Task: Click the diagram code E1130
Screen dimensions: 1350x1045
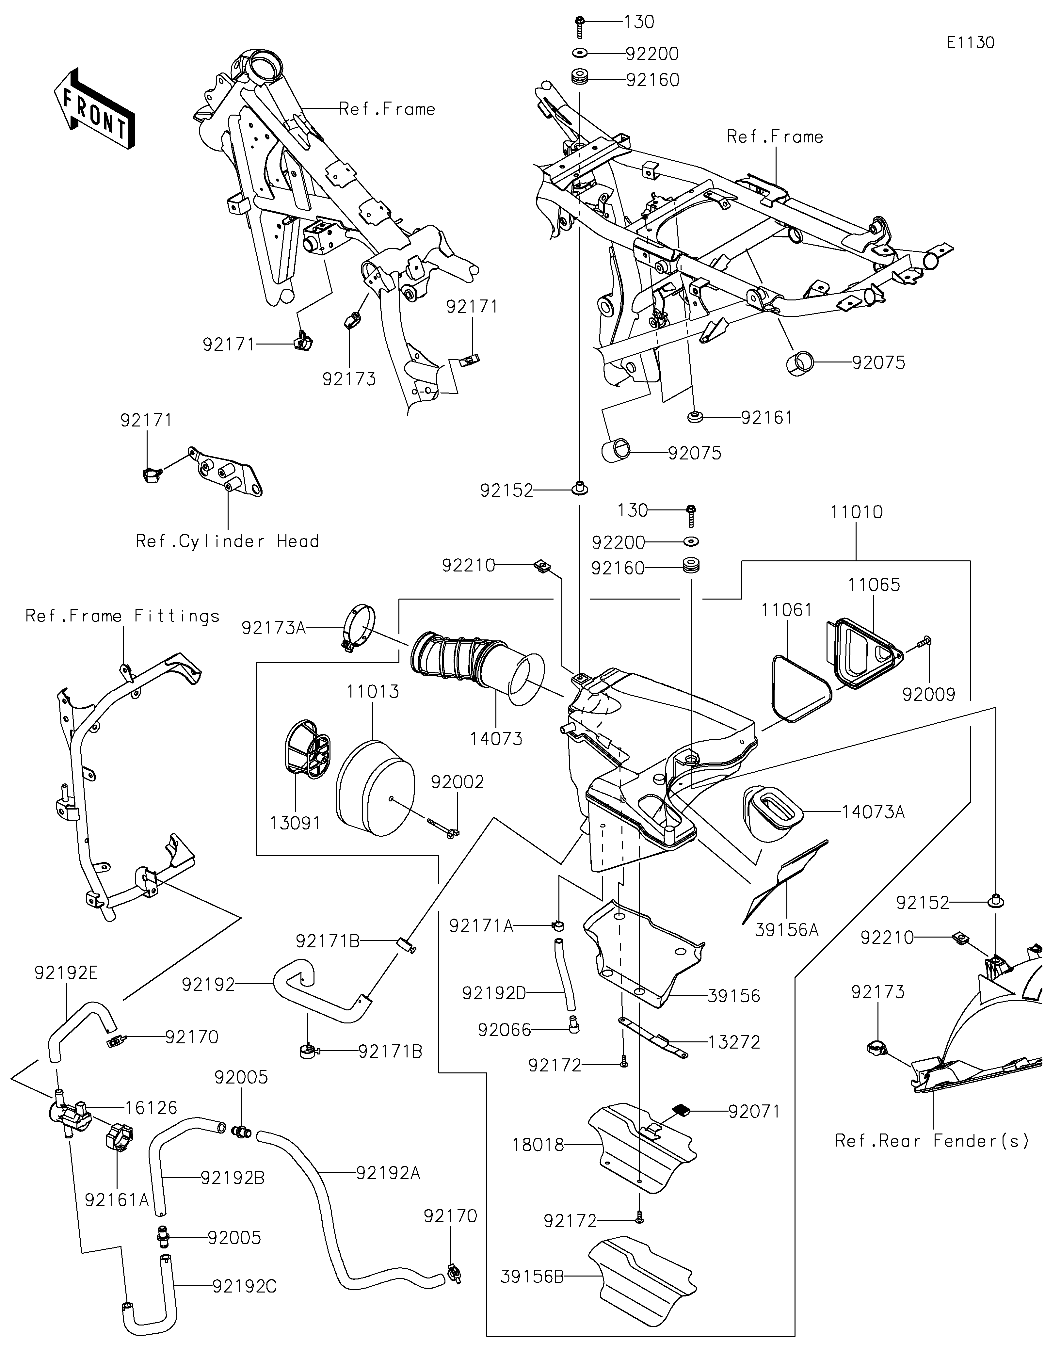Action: click(x=970, y=43)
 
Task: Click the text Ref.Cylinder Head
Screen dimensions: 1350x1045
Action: click(x=227, y=541)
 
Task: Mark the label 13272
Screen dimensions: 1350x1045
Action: click(x=734, y=1042)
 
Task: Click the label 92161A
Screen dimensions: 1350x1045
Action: click(x=117, y=1200)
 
